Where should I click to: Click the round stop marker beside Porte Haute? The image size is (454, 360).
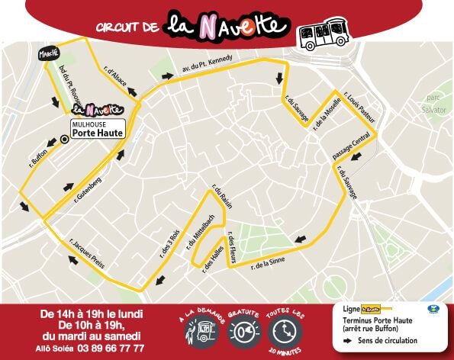[63, 139]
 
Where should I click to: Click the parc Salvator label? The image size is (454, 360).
[434, 103]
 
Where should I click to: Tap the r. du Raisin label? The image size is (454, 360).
[221, 196]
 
